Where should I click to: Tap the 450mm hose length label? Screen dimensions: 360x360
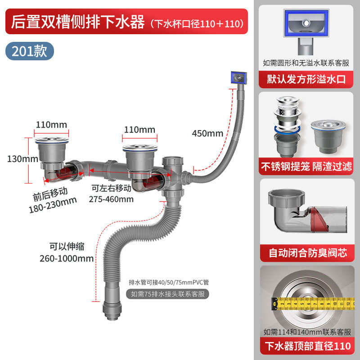(207, 133)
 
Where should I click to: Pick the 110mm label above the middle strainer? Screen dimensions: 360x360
(139, 130)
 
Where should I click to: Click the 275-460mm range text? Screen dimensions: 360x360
(112, 198)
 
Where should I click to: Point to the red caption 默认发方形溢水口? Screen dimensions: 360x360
(306, 79)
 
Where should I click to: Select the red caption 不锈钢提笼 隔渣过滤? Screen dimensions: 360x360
(306, 166)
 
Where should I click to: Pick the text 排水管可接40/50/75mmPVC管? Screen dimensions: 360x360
(168, 282)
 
